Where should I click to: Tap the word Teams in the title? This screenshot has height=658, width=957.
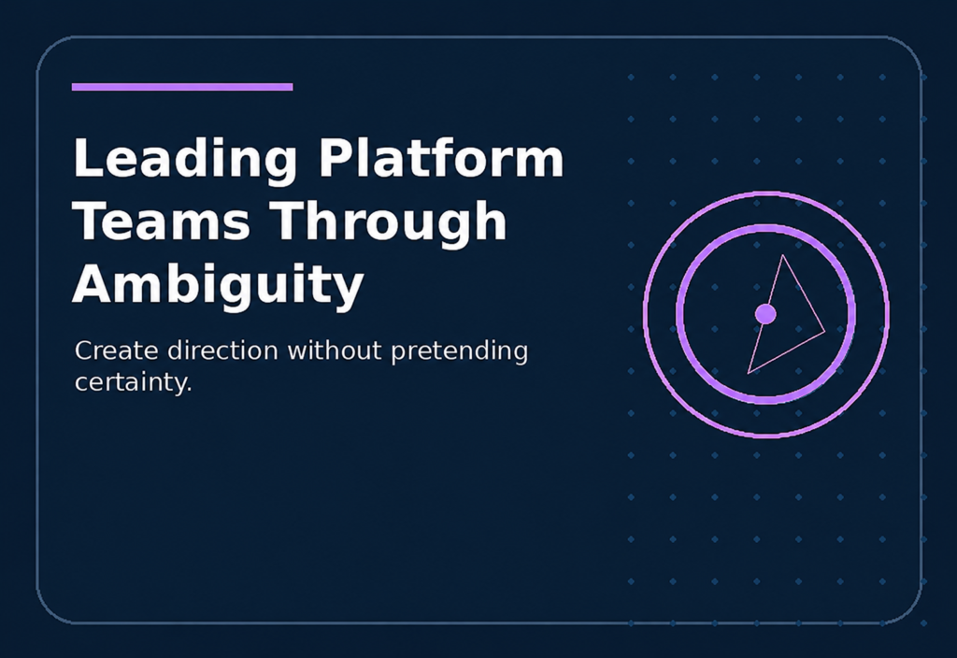pos(162,221)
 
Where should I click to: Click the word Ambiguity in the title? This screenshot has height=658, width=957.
pos(218,286)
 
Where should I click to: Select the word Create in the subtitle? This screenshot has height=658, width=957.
pos(117,351)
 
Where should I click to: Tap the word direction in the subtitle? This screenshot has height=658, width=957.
pos(222,351)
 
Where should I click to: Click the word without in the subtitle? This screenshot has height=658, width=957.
pos(335,351)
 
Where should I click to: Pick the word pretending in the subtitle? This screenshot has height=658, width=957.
pos(459,352)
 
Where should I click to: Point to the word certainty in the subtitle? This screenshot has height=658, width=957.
pos(131,383)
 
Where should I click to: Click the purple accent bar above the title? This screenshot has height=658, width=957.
pos(182,87)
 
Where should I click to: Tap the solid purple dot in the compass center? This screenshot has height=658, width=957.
pos(765,314)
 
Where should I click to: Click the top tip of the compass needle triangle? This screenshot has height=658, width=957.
pos(782,255)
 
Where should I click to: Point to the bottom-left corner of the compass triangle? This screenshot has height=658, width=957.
pos(749,373)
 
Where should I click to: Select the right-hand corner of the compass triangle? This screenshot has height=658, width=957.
pos(825,332)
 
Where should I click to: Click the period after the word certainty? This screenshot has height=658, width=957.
pos(189,390)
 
